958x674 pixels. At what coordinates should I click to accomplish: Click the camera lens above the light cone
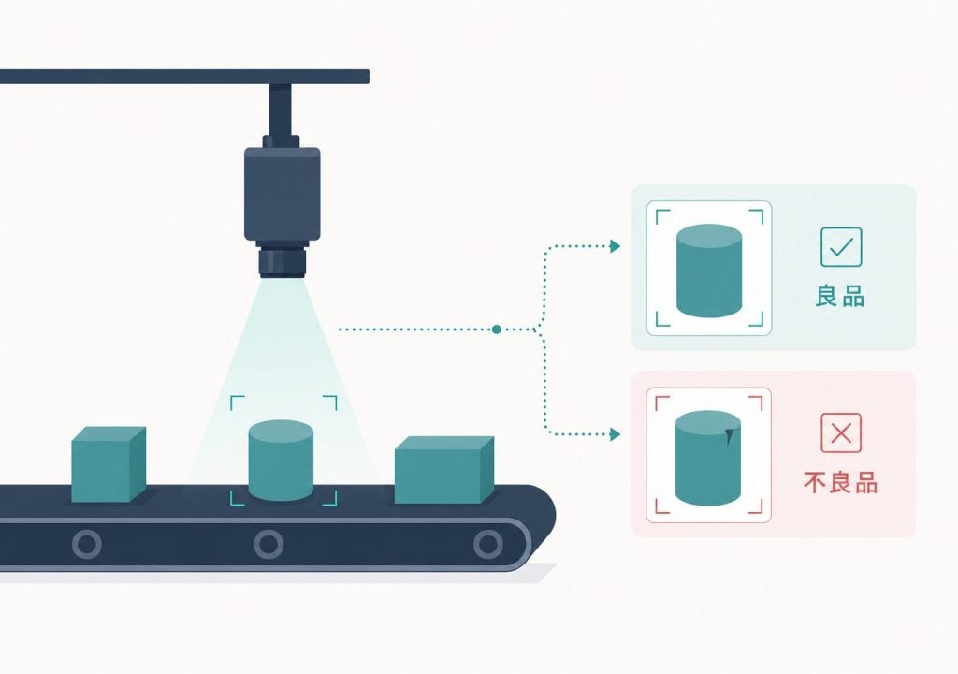pos(282,261)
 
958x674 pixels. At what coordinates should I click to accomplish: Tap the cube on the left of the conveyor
pos(109,464)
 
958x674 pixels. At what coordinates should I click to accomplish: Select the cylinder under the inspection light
pos(281,460)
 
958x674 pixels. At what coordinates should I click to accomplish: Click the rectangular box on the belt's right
pos(444,470)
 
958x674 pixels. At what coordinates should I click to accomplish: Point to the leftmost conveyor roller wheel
pos(87,544)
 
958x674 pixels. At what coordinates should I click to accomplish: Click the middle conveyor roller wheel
pos(269,544)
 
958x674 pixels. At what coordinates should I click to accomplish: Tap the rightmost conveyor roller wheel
pos(488,544)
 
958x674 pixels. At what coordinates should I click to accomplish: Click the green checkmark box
pos(841,247)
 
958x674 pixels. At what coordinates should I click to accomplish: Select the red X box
pos(841,433)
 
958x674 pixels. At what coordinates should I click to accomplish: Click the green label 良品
pos(840,296)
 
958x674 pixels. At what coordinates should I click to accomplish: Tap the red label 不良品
pos(841,482)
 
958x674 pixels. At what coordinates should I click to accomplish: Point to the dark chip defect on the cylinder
pos(728,435)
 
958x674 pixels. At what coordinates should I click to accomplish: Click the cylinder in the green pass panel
pos(709,271)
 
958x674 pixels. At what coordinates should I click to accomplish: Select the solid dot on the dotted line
pos(496,330)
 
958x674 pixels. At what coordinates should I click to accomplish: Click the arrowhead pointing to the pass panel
pos(616,246)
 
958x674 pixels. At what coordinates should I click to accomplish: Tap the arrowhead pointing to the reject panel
pos(616,435)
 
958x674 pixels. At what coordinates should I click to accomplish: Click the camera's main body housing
pos(283,194)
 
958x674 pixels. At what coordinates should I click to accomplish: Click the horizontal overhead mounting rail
pos(184,77)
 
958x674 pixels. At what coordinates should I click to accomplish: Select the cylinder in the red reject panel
pos(708,458)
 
